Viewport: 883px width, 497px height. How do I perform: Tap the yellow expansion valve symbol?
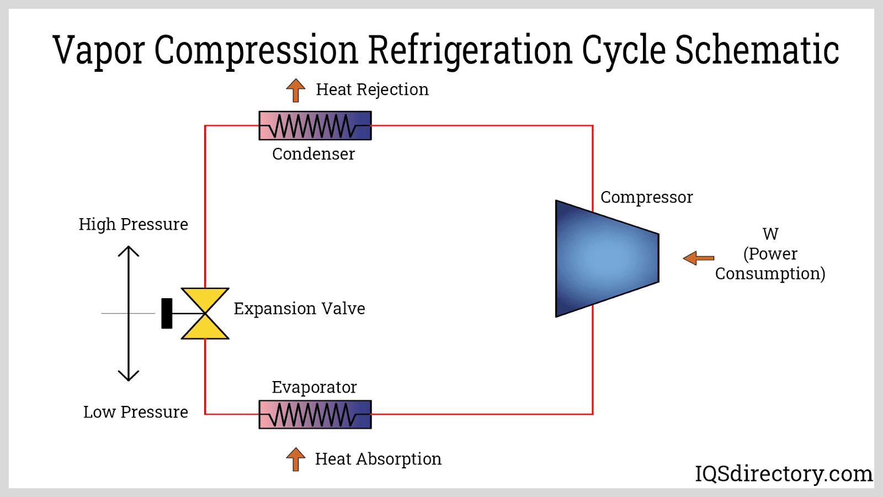click(x=205, y=313)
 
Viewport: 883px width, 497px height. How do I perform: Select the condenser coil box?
click(x=315, y=125)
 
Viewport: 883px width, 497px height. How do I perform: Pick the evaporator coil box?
click(x=315, y=414)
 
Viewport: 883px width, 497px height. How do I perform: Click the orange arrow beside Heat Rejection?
click(x=296, y=90)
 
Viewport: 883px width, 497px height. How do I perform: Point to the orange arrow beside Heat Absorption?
click(x=296, y=459)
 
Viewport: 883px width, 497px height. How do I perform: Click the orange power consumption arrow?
click(x=698, y=258)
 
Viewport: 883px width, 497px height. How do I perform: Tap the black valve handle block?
click(x=167, y=313)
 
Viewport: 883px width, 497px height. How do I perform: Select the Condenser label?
click(x=313, y=154)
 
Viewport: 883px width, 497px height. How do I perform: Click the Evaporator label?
click(x=314, y=387)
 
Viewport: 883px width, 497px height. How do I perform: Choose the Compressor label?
click(x=646, y=197)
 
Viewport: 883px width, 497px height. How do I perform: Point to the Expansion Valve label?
click(x=299, y=308)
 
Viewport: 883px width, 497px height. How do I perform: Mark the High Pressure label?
click(x=133, y=224)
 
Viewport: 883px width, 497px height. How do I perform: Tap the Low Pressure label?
click(x=135, y=412)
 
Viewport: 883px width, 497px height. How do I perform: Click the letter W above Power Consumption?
click(x=770, y=234)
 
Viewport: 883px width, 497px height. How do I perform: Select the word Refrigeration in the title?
click(x=470, y=51)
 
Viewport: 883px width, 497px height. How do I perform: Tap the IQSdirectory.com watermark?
click(x=783, y=473)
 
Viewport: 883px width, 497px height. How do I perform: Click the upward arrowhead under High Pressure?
click(x=129, y=251)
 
